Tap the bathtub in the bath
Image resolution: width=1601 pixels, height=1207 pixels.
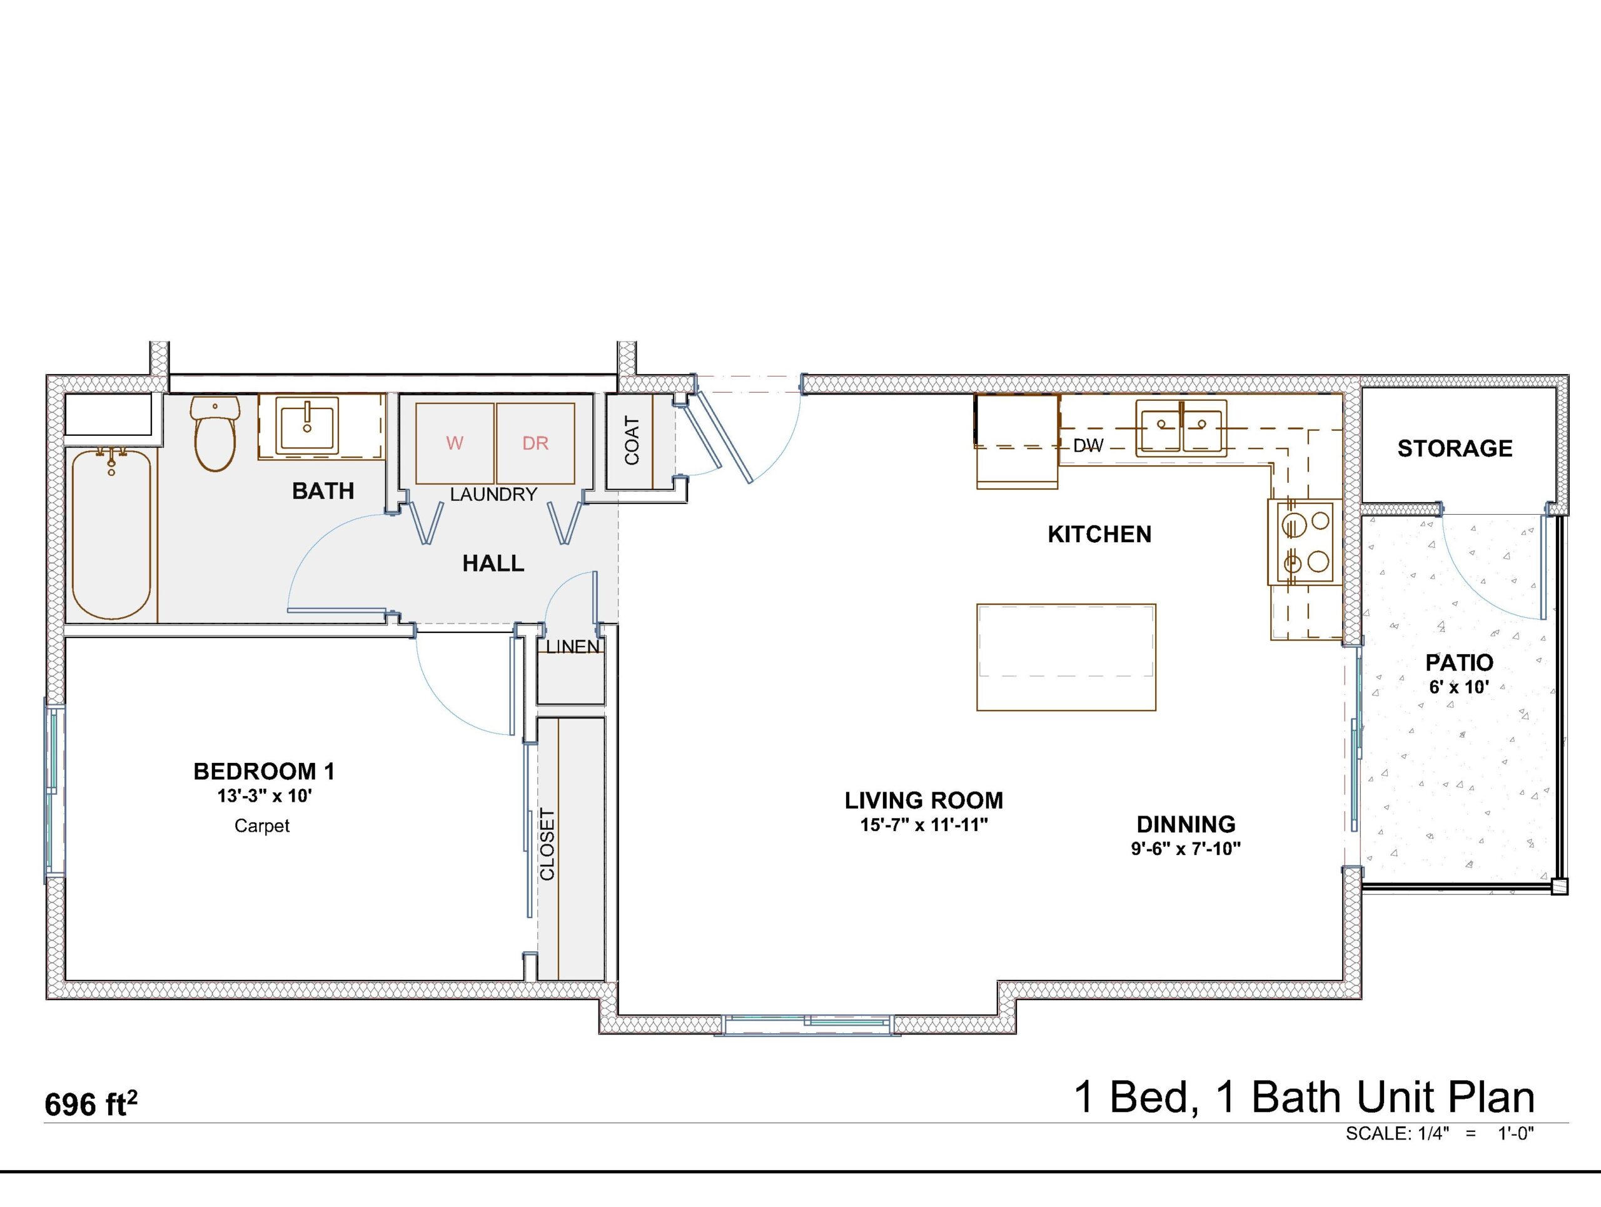[x=111, y=534]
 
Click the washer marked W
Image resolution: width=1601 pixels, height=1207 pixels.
[x=455, y=443]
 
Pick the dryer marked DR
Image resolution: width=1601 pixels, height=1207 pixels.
[x=535, y=443]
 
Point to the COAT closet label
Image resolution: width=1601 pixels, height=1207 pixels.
[x=632, y=440]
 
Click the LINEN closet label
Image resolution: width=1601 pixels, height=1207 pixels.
[x=572, y=646]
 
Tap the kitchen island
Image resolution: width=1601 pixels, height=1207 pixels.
[x=1066, y=657]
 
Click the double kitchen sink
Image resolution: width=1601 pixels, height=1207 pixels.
[x=1181, y=428]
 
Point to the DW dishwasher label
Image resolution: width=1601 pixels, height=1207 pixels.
[x=1088, y=446]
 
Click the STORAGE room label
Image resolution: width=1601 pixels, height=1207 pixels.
[x=1455, y=448]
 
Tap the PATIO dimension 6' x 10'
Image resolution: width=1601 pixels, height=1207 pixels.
[x=1459, y=687]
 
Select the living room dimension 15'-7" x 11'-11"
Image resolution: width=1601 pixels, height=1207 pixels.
[x=924, y=825]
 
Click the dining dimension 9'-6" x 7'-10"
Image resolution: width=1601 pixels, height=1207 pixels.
[x=1186, y=849]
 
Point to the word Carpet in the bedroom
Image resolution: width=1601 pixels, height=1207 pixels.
[x=262, y=826]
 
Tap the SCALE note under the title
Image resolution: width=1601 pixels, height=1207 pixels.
[x=1440, y=1133]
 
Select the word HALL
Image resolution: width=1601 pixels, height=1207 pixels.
[x=493, y=563]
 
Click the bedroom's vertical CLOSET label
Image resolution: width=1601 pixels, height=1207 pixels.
[x=547, y=845]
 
